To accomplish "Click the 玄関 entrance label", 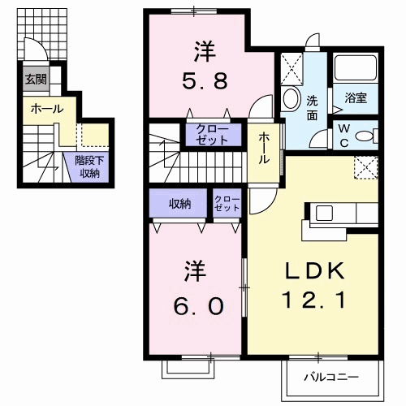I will click(35, 80).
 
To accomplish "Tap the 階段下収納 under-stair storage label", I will click(88, 166).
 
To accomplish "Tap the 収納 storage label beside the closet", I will click(179, 204).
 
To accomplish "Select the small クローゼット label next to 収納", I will click(227, 204).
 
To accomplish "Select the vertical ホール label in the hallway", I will click(265, 149).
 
